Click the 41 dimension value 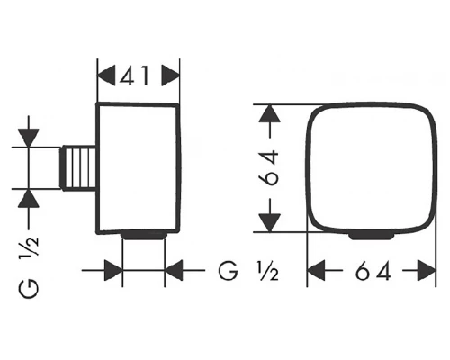click(x=134, y=76)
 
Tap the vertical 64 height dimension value click(x=268, y=168)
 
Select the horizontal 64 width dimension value click(x=373, y=271)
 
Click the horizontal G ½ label click(x=248, y=271)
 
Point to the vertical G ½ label click(x=29, y=267)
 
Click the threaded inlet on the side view click(x=78, y=168)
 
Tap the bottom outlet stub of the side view click(x=144, y=235)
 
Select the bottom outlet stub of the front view click(x=372, y=236)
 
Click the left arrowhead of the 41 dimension click(x=107, y=76)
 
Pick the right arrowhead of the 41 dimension click(x=170, y=76)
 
